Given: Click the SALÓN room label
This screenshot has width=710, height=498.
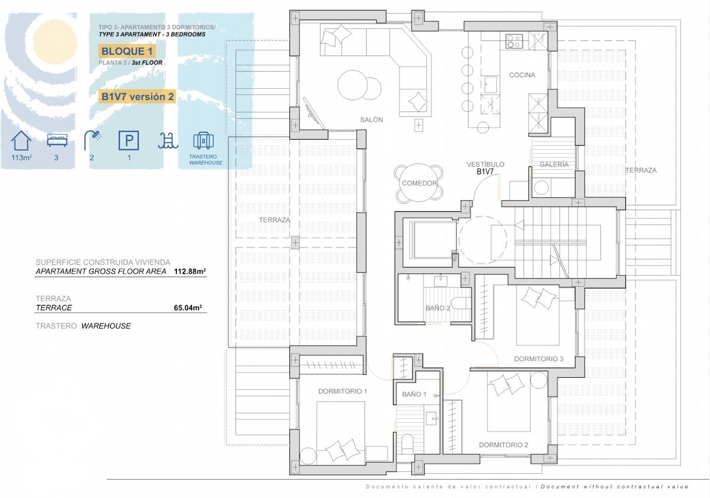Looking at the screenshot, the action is point(372,120).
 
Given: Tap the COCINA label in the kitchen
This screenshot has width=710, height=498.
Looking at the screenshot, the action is point(522,75).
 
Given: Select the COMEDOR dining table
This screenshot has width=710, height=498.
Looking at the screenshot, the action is point(419,183).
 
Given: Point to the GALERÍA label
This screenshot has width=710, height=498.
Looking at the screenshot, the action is point(554,164).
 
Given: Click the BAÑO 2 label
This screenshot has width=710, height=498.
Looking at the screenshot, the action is point(438,308).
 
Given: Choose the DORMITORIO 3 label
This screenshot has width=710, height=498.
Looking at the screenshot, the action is point(538,359).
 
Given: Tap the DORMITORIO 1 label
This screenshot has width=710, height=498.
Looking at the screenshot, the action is point(343,391).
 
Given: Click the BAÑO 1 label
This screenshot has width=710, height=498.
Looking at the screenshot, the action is point(414,394).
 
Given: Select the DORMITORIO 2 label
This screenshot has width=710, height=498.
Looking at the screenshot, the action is point(504,445).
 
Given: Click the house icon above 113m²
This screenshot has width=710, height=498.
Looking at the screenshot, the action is point(21,140).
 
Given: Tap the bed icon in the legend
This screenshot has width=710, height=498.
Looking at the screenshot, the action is point(57,140).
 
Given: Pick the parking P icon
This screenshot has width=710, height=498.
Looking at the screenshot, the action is point(129,140).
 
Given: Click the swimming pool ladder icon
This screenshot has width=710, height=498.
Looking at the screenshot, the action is point(168,141).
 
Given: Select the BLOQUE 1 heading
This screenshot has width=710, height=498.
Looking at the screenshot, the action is point(127,51).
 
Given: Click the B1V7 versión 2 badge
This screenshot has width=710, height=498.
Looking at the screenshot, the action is point(137,97).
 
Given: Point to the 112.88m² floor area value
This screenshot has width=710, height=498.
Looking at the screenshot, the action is point(190,271).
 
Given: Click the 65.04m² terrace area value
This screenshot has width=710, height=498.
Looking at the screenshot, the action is point(188,308).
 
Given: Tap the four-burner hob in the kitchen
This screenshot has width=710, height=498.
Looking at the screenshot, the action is point(514,41).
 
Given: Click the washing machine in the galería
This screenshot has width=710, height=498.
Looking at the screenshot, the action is point(541,187).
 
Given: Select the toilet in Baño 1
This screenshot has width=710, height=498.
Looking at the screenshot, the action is point(407,444).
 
